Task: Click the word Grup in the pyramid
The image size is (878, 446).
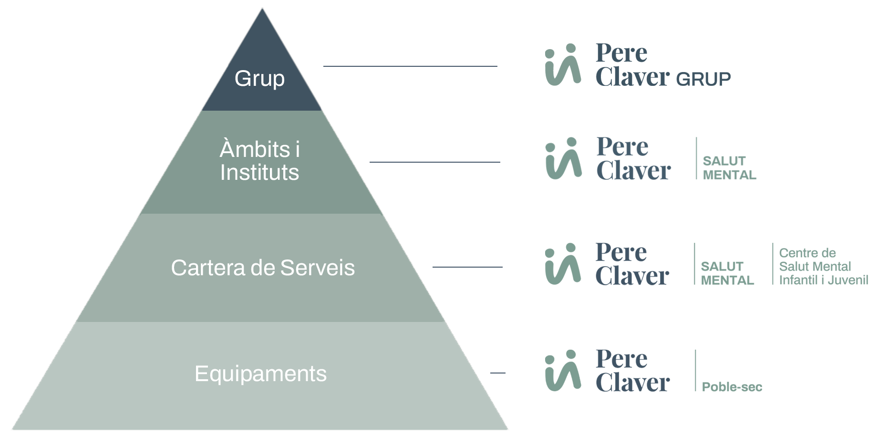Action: coord(259,79)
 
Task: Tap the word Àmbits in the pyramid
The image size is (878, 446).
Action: coord(255,149)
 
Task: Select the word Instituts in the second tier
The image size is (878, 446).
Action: coord(259,172)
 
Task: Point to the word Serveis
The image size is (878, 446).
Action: coord(318,268)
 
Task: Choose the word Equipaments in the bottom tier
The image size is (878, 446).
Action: coord(260,373)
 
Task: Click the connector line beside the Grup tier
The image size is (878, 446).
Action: coord(410,66)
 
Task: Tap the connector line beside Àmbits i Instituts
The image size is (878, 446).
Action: coord(434,162)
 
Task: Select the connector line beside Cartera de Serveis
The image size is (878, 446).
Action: coord(467,267)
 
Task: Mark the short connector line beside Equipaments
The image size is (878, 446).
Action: coord(497,373)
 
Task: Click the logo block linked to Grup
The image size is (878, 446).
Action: coord(638,65)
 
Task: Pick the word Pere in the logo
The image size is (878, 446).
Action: coord(622,146)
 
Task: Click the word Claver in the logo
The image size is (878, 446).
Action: coord(632,169)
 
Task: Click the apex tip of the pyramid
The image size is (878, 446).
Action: coord(262,10)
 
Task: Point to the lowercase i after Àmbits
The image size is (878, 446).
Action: coord(298,149)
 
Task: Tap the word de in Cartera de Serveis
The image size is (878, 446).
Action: coord(263,268)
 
